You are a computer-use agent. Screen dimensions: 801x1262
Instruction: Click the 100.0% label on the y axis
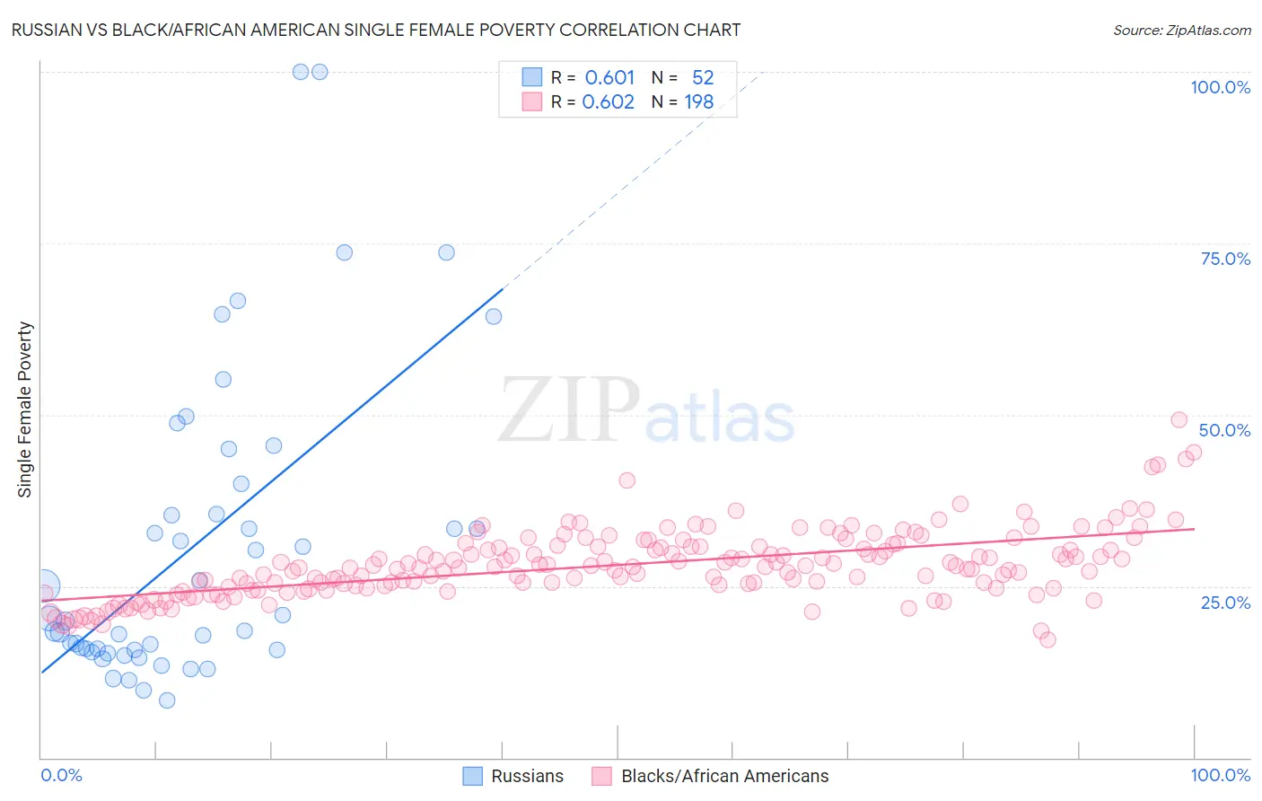tap(1220, 87)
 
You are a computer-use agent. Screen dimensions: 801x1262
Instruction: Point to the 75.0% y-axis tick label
tap(1225, 259)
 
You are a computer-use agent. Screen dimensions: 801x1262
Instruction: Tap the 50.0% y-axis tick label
tap(1224, 430)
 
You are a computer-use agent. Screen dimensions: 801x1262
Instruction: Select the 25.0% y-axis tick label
tap(1225, 602)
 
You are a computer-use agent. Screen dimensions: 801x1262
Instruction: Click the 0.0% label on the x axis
tap(61, 775)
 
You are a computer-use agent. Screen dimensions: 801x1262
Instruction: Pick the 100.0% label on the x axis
tap(1220, 775)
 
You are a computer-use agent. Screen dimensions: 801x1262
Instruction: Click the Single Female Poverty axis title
tap(25, 409)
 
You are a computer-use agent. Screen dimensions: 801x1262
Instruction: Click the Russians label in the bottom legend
tap(527, 776)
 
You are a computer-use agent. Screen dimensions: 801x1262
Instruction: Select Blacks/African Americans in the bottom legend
tap(724, 776)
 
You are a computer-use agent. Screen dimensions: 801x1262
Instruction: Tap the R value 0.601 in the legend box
tap(609, 77)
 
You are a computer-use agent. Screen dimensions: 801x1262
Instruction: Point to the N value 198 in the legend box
tap(699, 101)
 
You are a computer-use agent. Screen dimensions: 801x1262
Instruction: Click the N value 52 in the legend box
tap(703, 77)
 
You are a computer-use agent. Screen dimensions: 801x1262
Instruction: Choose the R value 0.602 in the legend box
tap(608, 101)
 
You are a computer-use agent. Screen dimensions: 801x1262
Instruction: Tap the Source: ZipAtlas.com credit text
tap(1181, 30)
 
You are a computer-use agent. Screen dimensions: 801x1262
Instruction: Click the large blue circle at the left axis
tap(42, 586)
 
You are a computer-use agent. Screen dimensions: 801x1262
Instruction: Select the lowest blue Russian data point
tap(167, 700)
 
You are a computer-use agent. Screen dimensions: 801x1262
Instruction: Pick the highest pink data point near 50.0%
tap(1179, 419)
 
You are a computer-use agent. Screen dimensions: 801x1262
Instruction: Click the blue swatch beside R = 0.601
tap(532, 77)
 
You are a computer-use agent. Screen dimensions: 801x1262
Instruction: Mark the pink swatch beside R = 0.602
tap(532, 101)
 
